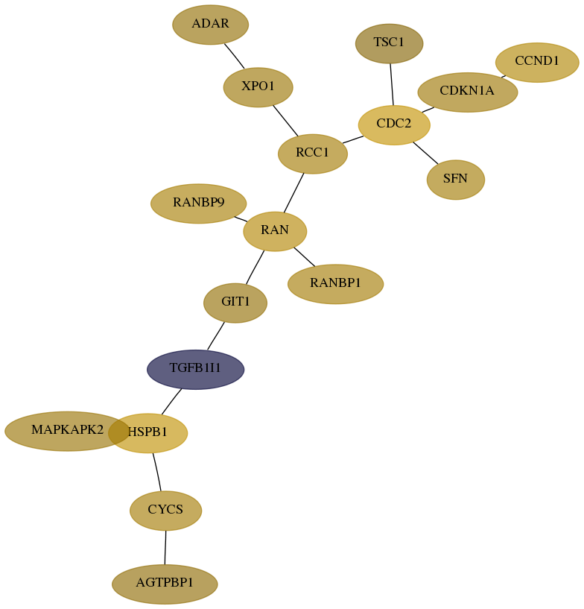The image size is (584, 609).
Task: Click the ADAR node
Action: click(x=210, y=25)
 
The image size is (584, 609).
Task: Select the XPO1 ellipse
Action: click(x=258, y=87)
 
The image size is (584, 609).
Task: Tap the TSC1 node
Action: click(x=389, y=43)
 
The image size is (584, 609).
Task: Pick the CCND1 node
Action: click(x=537, y=62)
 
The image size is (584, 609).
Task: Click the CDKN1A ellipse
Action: click(x=468, y=92)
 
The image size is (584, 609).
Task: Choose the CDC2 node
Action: click(x=394, y=124)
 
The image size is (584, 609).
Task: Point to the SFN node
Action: click(x=456, y=180)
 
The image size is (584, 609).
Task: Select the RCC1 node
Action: click(x=313, y=154)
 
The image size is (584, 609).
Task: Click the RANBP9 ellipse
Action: click(x=198, y=203)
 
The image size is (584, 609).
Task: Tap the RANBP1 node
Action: click(x=336, y=284)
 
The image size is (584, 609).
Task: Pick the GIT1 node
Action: click(x=235, y=303)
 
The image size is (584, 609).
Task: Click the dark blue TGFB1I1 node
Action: click(x=196, y=370)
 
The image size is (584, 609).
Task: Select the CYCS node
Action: click(x=165, y=511)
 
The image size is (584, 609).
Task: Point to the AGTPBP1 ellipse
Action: click(x=165, y=584)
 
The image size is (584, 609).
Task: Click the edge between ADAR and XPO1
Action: click(x=235, y=56)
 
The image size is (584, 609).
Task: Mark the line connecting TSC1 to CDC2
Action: click(x=392, y=84)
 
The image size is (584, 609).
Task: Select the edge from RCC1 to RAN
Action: click(x=293, y=192)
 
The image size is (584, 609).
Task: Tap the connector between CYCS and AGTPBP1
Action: click(x=165, y=547)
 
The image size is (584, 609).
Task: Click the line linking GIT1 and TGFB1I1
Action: click(x=216, y=336)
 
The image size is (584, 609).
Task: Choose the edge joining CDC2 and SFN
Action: click(x=425, y=153)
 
